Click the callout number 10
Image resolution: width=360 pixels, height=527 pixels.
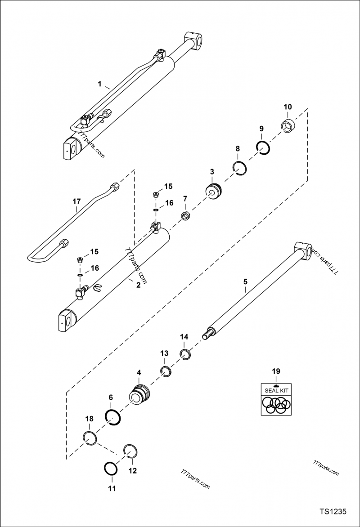288,107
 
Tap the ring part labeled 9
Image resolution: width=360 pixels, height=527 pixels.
263,147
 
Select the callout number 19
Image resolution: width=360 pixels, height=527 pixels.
275,371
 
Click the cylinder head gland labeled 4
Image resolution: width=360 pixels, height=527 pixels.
139,394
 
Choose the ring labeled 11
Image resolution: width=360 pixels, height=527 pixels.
111,469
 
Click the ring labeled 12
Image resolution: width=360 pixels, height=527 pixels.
130,451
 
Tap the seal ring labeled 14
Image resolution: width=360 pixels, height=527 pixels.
186,354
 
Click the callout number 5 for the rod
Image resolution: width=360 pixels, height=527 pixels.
245,282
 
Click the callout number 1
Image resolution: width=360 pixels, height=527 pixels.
100,84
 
